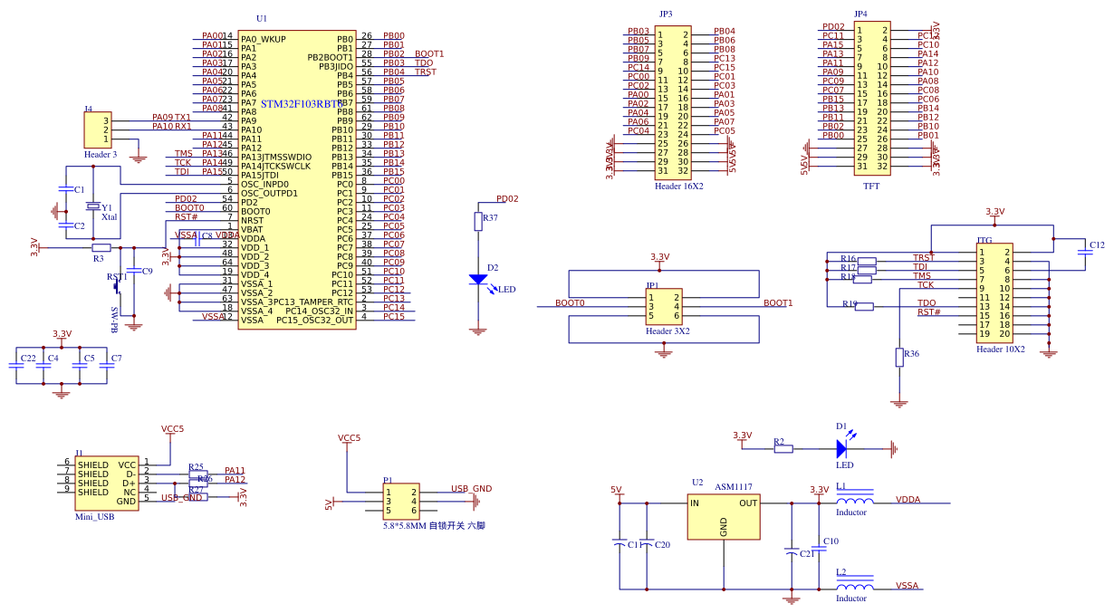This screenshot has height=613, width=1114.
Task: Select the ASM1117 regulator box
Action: [x=723, y=516]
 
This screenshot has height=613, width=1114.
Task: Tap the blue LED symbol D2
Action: [x=478, y=280]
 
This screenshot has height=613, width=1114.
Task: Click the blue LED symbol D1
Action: [x=841, y=447]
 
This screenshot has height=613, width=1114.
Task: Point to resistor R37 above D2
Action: [x=478, y=221]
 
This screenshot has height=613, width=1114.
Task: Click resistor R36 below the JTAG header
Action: [x=899, y=357]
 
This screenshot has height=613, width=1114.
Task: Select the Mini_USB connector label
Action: [x=94, y=517]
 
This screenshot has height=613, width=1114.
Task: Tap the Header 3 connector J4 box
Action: [x=97, y=130]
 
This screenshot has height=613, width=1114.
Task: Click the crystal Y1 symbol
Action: [x=92, y=207]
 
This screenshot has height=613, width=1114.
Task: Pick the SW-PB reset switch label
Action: [x=114, y=321]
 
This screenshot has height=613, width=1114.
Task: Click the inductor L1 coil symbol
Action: [x=854, y=501]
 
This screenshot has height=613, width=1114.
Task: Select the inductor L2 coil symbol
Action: [x=854, y=587]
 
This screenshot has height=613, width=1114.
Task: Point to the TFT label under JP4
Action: [x=870, y=186]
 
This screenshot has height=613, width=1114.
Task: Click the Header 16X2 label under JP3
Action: [x=678, y=186]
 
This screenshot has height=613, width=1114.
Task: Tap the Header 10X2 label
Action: [x=1000, y=349]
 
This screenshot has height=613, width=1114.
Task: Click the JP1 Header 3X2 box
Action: [x=663, y=308]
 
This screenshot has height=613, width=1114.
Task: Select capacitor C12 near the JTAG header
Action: [x=1084, y=254]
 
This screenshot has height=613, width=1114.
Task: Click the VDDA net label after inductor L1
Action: [x=908, y=499]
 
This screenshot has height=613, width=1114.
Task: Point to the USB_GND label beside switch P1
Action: [x=471, y=489]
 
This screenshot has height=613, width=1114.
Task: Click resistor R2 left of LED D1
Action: [x=783, y=448]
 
